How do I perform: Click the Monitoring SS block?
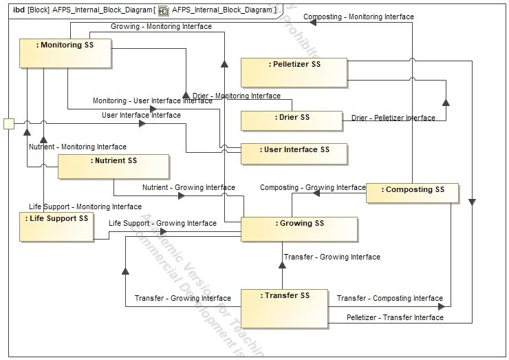coord(65,53)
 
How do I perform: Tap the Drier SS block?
coord(291,120)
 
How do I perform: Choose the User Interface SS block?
coord(294,153)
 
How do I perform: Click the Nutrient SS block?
coord(113,167)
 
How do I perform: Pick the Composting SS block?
coord(411,193)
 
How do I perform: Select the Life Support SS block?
coord(56,226)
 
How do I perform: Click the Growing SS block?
coord(299,229)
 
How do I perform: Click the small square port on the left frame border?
coord(9,124)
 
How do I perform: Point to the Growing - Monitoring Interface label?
coord(161,27)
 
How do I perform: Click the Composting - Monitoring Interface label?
coord(358,17)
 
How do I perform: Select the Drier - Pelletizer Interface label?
coord(393,118)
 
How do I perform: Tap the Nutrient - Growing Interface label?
coord(188,187)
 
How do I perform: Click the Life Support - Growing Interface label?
coord(162,223)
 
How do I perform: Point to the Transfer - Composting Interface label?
coord(389,298)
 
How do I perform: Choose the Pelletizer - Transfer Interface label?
coord(395,317)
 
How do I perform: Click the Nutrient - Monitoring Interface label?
coord(78,147)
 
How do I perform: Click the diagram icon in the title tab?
coord(164,10)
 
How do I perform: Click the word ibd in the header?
coord(19,10)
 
